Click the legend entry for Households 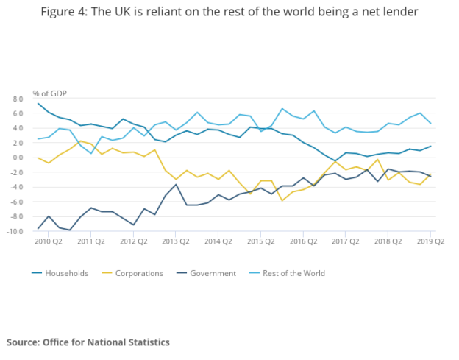click(x=66, y=273)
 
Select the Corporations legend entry click(x=140, y=273)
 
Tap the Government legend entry click(x=213, y=273)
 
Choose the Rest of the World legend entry click(x=293, y=273)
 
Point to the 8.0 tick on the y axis click(x=18, y=98)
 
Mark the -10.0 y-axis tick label click(x=15, y=232)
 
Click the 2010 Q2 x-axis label click(x=49, y=241)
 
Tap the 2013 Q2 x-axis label click(x=176, y=241)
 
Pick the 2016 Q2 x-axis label click(x=303, y=241)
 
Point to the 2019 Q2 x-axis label click(x=430, y=241)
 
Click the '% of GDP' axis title click(x=48, y=94)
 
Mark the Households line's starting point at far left click(x=38, y=103)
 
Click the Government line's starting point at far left click(x=38, y=228)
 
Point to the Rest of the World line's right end click(x=430, y=123)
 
